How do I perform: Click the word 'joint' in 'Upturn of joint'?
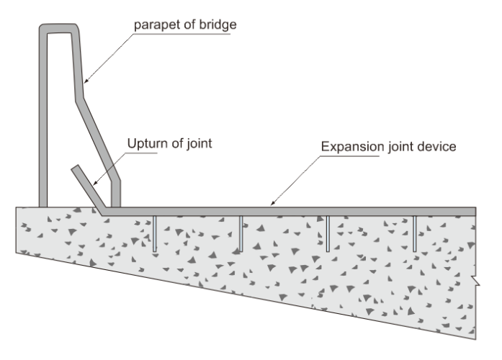point(198,144)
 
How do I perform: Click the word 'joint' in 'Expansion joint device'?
point(400,148)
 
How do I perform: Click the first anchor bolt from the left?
point(155,231)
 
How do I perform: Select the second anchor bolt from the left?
point(241,231)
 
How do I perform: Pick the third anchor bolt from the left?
point(328,231)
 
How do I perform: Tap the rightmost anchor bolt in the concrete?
point(415,231)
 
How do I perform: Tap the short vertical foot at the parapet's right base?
point(116,193)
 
